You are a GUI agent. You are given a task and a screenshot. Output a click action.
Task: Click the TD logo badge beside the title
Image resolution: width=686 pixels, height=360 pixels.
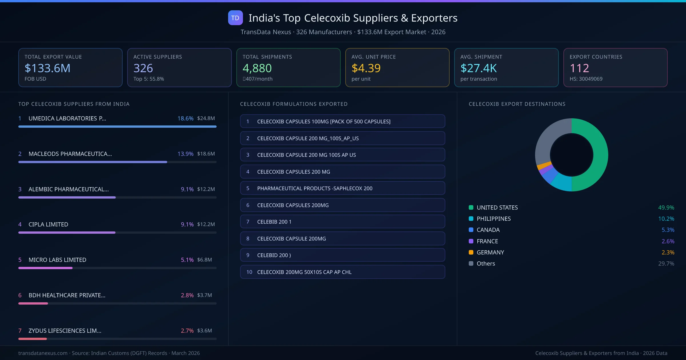(235, 18)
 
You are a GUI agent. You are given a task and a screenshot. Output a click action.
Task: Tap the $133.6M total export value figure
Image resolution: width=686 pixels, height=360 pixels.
(47, 68)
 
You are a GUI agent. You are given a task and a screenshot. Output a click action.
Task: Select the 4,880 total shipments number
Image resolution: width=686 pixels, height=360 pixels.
(257, 68)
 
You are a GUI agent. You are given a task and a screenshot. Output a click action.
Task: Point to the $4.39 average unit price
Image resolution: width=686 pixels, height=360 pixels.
(366, 68)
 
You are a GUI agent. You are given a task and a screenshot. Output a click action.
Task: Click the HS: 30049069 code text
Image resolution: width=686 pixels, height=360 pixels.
(586, 79)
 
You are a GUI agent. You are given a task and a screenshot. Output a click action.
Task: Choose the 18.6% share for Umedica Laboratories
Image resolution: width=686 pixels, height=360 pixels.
(185, 118)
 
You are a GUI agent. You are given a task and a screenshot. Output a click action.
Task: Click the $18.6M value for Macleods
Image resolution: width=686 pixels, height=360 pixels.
(206, 154)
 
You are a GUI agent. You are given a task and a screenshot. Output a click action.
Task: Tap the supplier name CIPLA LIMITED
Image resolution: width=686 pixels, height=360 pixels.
(48, 225)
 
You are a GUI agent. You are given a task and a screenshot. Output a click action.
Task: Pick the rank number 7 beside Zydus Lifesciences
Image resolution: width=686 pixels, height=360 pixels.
(20, 331)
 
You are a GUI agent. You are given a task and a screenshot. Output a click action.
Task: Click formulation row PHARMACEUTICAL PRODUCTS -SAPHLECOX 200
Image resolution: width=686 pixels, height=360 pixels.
(342, 188)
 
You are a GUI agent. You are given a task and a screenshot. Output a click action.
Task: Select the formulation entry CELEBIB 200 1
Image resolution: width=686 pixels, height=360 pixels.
(342, 222)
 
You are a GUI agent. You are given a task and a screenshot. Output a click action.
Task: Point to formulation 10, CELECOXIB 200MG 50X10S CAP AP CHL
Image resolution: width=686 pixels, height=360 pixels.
(342, 272)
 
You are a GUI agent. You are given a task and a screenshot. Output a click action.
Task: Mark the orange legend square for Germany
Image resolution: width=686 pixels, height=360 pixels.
(471, 252)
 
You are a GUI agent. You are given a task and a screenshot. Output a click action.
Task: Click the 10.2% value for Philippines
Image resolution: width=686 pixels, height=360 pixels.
(666, 219)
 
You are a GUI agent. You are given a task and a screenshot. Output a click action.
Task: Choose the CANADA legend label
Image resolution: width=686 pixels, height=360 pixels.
(488, 230)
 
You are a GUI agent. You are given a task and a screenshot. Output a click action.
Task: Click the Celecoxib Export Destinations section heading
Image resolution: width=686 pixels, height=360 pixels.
(517, 104)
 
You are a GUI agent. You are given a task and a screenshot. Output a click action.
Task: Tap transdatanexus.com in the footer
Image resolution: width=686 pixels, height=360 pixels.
(43, 353)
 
